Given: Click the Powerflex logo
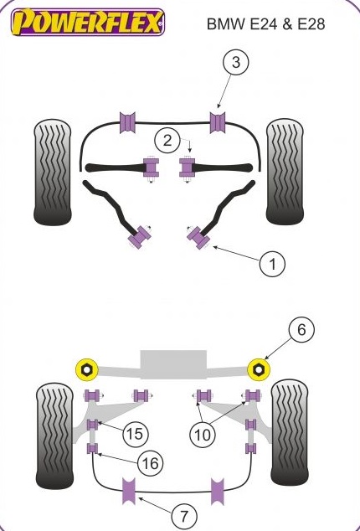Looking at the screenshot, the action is tap(88, 23).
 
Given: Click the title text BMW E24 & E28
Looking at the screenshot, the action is tap(265, 24).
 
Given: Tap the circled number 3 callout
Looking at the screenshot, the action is tap(236, 62).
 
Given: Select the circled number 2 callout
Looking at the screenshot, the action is tap(167, 140).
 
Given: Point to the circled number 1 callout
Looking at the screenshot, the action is tap(272, 264).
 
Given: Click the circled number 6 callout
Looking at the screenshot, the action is tap(301, 329).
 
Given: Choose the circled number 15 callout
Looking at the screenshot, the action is tap(136, 433).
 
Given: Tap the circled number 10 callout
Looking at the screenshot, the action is tap(203, 435).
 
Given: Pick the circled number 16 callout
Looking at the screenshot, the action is tap(151, 462).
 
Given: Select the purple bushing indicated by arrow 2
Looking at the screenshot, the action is tap(187, 168).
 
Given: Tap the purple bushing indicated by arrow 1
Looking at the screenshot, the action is tap(199, 237).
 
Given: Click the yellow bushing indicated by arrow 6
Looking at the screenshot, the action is tap(259, 369).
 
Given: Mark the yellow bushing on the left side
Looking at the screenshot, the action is tap(86, 369).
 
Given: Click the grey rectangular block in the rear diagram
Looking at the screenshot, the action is tap(173, 364).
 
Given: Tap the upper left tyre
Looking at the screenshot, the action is tap(53, 172).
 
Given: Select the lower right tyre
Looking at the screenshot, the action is tap(290, 433).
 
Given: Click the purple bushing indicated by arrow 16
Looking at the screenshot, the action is tap(92, 448).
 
